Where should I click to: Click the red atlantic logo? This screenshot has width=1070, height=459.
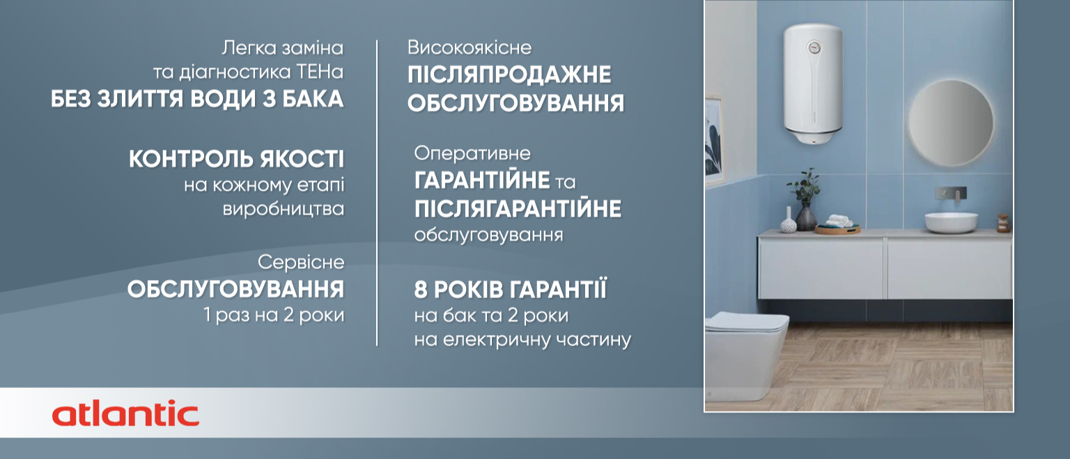click(x=125, y=414)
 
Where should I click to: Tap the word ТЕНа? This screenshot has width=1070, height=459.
click(x=320, y=72)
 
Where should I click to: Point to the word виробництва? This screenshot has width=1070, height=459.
click(x=284, y=209)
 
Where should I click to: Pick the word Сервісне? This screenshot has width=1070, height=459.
click(x=301, y=262)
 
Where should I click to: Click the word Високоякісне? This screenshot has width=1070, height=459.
click(x=470, y=48)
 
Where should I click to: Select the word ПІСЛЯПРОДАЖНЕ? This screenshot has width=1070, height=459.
click(x=509, y=75)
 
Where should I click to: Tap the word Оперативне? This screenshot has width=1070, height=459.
click(x=472, y=154)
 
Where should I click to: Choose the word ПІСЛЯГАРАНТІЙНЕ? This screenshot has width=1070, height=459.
click(x=518, y=209)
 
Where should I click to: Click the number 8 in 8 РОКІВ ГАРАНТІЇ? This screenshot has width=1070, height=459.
click(x=420, y=290)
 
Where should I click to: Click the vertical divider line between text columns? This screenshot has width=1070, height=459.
click(x=377, y=193)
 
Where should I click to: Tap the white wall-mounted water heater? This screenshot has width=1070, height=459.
click(x=813, y=84)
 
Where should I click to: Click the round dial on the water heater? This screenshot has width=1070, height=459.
click(x=814, y=47)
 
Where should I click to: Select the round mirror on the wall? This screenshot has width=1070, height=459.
click(x=950, y=123)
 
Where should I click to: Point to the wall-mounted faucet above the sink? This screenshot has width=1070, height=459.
click(x=951, y=194)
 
